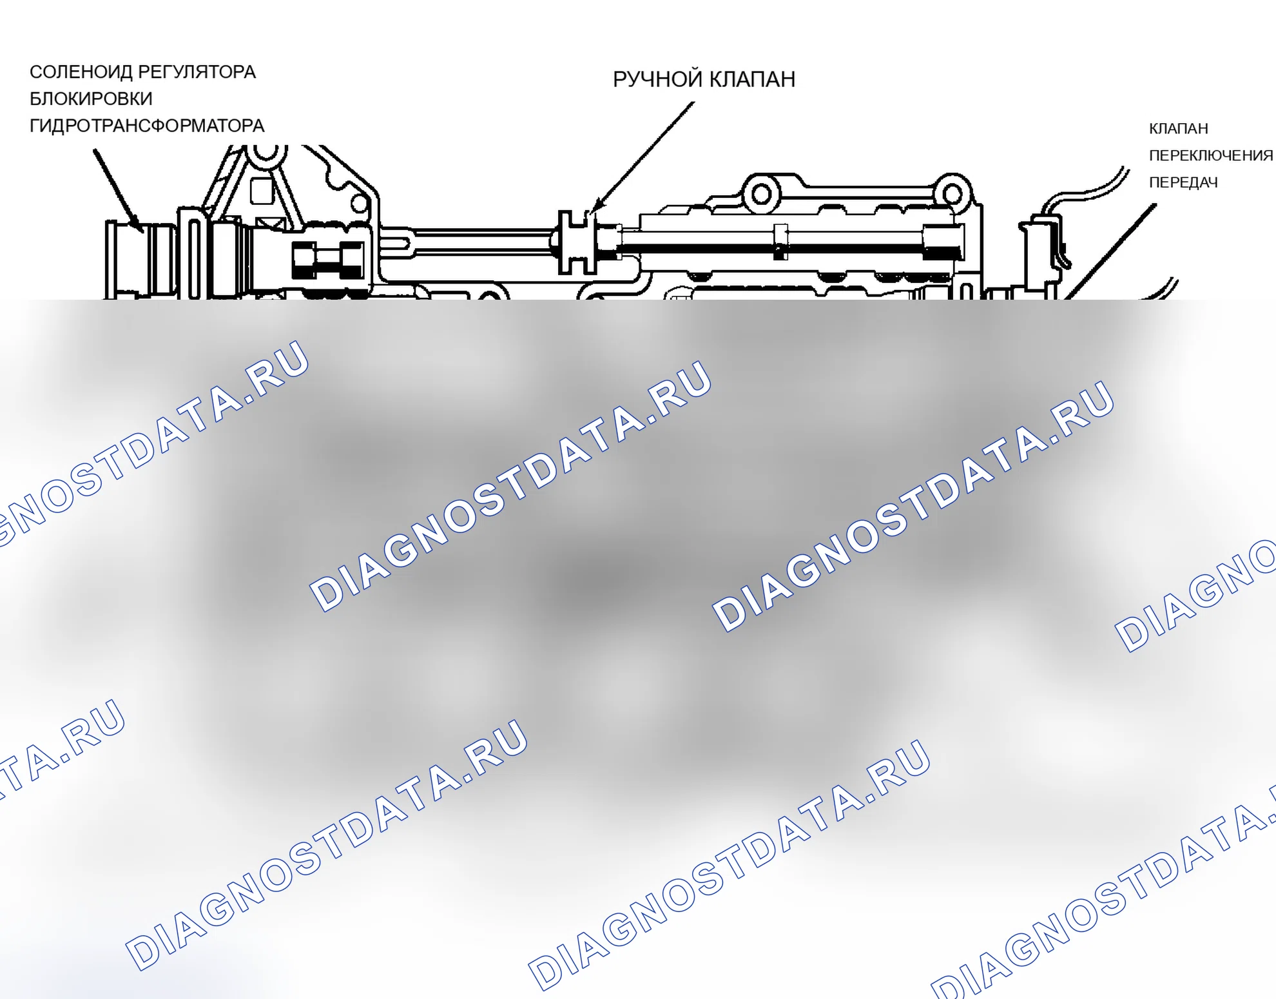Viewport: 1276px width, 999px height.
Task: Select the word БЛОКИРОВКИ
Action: click(91, 99)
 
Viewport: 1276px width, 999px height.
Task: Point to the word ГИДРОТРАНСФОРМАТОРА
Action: click(147, 126)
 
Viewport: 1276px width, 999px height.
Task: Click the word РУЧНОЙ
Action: click(657, 79)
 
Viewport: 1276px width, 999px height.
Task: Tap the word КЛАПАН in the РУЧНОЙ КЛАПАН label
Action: click(752, 79)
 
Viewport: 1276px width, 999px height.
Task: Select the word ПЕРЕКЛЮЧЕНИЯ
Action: click(1211, 155)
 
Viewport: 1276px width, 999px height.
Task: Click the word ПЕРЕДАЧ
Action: click(1183, 182)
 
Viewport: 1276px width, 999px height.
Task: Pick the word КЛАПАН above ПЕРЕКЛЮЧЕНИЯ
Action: click(1178, 128)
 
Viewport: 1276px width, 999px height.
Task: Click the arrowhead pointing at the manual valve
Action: click(596, 206)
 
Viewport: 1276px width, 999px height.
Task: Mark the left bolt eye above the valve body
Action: click(761, 193)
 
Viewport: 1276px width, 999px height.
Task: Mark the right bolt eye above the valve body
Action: click(953, 193)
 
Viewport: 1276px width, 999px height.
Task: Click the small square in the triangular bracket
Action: click(262, 191)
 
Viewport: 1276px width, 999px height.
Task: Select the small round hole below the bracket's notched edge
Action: click(360, 204)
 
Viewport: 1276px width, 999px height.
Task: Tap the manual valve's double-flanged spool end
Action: click(577, 242)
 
